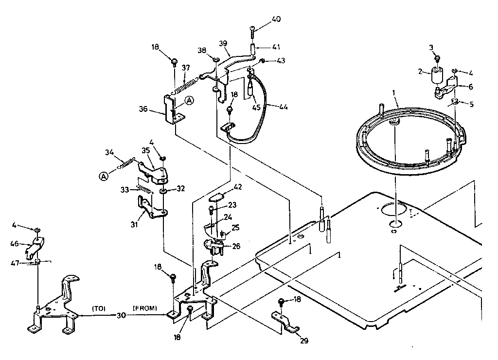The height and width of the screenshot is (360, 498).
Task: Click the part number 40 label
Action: pyautogui.click(x=276, y=19)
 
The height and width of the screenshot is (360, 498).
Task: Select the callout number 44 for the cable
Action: pyautogui.click(x=283, y=107)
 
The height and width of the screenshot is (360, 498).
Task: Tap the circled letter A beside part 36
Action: pyautogui.click(x=189, y=100)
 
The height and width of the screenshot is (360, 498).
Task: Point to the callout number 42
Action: pyautogui.click(x=238, y=187)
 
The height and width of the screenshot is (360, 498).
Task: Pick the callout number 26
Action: pyautogui.click(x=236, y=246)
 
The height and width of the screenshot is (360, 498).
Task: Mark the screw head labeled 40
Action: pyautogui.click(x=253, y=29)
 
